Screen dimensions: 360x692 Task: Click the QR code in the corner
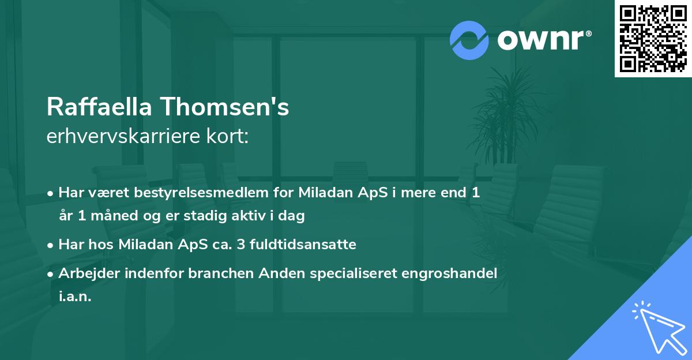pos(653,39)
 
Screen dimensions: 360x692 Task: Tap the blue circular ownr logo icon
pos(469,40)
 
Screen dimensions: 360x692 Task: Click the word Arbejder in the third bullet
pos(85,273)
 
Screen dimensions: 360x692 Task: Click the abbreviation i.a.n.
pos(75,297)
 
